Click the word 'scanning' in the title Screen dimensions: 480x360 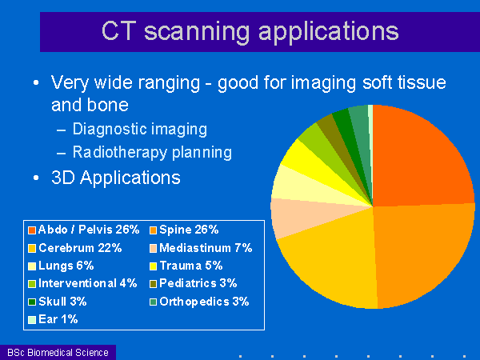197,32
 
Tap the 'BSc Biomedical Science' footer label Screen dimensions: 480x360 58,352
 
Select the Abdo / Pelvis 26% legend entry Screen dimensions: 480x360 83,230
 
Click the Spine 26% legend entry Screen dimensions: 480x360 184,230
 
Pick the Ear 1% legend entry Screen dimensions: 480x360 53,319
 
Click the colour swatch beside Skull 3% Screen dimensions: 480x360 32,302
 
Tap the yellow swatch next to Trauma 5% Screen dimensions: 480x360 153,266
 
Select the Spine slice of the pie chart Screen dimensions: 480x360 422,254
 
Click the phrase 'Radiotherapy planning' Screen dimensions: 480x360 152,152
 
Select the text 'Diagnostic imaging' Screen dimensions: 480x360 139,129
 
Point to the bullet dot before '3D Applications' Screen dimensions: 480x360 36,178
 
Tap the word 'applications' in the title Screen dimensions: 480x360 329,32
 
